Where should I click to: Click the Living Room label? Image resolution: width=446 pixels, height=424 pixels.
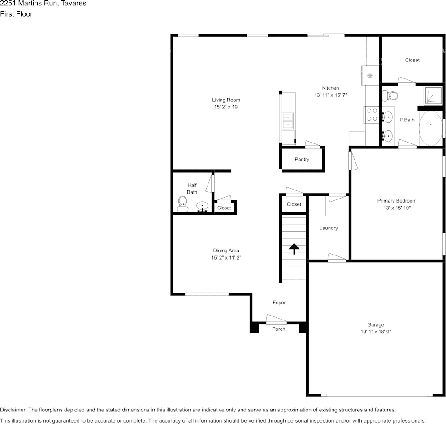[x=226, y=100]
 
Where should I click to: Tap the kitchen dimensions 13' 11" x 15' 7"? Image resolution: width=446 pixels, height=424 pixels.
[x=330, y=95]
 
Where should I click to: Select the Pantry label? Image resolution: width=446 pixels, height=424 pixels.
[x=302, y=160]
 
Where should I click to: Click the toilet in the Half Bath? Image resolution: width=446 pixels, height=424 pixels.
[x=182, y=203]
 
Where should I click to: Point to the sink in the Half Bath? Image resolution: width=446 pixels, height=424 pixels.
[x=202, y=206]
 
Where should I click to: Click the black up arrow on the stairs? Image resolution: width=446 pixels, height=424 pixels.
[x=294, y=248]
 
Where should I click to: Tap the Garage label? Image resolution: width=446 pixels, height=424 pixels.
[x=375, y=325]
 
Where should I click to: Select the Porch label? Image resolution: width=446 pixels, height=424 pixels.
[x=278, y=329]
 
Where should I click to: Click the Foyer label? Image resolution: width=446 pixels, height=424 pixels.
[x=279, y=303]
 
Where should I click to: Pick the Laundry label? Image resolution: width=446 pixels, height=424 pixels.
[x=328, y=228]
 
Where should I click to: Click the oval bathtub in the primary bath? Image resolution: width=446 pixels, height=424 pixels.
[x=430, y=128]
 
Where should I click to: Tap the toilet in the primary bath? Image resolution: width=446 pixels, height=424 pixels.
[x=391, y=95]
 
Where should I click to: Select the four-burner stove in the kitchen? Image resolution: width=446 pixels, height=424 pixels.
[x=372, y=115]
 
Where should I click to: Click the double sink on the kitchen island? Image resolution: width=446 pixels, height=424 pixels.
[x=287, y=121]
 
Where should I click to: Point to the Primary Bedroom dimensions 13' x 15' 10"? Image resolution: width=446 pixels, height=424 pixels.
[x=397, y=208]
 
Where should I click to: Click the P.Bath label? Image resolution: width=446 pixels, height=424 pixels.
[x=407, y=120]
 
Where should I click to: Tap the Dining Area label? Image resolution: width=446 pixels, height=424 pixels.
[x=226, y=251]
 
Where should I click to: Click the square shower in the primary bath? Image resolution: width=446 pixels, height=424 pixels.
[x=433, y=95]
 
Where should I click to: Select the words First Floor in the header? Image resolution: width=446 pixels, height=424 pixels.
[x=16, y=14]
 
